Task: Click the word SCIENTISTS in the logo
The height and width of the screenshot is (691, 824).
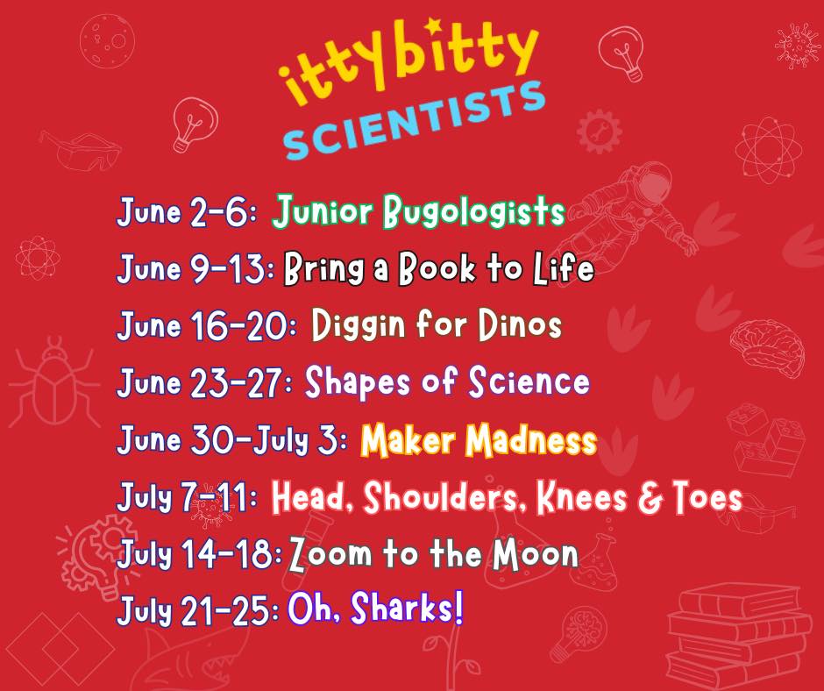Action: (x=414, y=120)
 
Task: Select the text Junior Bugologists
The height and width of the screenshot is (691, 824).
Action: (x=418, y=211)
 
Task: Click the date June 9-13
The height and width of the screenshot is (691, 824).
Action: (x=195, y=268)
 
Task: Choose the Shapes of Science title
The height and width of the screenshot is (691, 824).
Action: (x=447, y=381)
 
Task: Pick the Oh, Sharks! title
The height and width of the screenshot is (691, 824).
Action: (x=375, y=609)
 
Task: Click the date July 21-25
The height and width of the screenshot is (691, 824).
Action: (x=197, y=610)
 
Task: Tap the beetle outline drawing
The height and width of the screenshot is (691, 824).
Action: (x=53, y=382)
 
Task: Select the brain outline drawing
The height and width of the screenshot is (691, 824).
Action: (x=768, y=348)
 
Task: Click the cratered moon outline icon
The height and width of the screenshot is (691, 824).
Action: (x=107, y=41)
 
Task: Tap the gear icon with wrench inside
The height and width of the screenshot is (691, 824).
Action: (x=599, y=132)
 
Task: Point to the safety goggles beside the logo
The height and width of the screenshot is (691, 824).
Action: (x=80, y=151)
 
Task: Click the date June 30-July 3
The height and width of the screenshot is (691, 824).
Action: (x=231, y=439)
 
